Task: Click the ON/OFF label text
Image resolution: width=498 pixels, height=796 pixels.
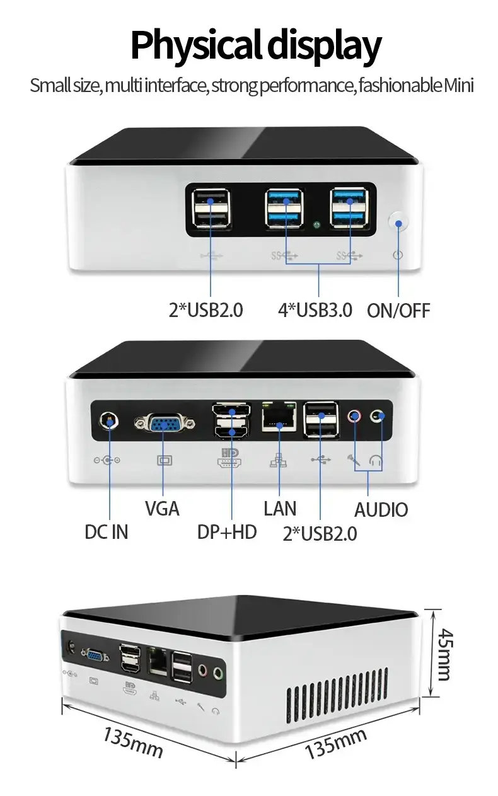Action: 398,310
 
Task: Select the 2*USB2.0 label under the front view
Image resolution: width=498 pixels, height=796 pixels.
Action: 206,310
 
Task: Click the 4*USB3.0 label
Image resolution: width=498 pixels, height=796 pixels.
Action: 315,310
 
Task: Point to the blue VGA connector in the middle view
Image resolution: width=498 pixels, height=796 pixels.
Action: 163,424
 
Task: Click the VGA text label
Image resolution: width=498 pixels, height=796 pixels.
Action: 162,508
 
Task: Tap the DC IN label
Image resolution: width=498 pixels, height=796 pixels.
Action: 107,531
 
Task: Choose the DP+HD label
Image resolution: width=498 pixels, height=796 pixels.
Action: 227,531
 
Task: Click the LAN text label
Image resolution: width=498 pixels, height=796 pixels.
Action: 280,508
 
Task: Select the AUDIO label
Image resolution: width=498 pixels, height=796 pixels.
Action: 381,509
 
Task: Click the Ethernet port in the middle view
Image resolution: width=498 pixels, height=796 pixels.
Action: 279,418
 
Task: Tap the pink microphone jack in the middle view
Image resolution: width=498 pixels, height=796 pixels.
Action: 356,416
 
